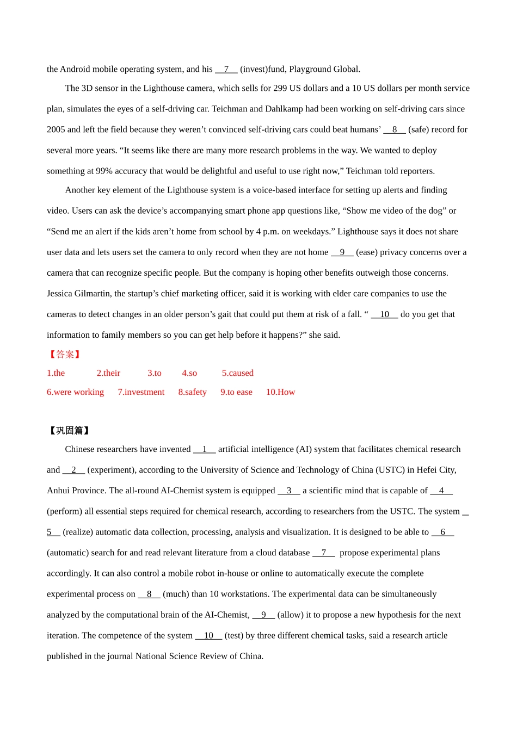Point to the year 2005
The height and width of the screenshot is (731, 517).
pyautogui.click(x=56, y=129)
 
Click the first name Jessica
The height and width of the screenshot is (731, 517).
pyautogui.click(x=61, y=294)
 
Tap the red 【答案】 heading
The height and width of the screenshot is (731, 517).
pyautogui.click(x=65, y=355)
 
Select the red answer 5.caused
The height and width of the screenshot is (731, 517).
pyautogui.click(x=238, y=373)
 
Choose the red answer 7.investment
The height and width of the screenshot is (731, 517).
pyautogui.click(x=141, y=392)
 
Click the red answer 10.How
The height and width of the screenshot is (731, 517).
pyautogui.click(x=280, y=392)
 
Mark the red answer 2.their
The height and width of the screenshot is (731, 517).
pyautogui.click(x=108, y=373)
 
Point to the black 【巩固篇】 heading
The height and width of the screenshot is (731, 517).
pyautogui.click(x=69, y=431)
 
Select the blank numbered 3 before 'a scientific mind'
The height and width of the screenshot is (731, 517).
pyautogui.click(x=289, y=491)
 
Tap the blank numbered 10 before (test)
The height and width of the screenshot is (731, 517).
pyautogui.click(x=208, y=635)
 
